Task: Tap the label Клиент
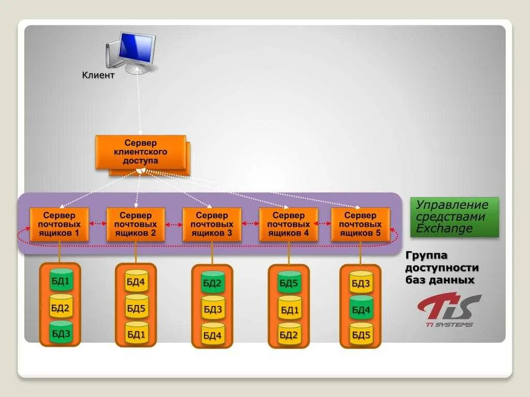[x=98, y=75]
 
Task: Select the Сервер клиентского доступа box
[x=140, y=152]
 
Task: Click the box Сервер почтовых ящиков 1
[x=59, y=224]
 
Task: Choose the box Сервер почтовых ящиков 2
[x=136, y=224]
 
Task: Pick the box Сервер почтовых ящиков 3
[x=212, y=224]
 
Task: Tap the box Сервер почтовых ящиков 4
[x=288, y=224]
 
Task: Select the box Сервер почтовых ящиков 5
[x=360, y=224]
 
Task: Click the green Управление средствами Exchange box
[x=455, y=217]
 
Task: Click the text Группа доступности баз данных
[x=441, y=268]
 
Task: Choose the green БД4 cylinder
[x=361, y=309]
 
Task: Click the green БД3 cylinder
[x=61, y=333]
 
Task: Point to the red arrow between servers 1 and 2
[x=97, y=224]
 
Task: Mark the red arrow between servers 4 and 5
[x=325, y=224]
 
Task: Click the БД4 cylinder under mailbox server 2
[x=137, y=282]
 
